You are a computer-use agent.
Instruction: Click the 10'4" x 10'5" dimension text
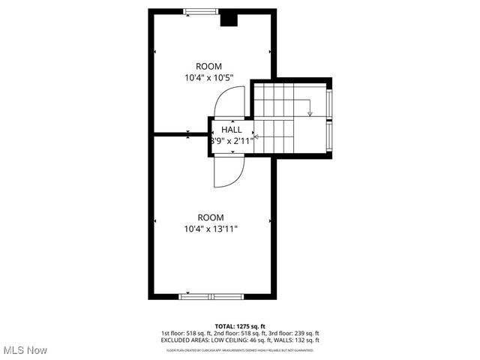click(x=208, y=77)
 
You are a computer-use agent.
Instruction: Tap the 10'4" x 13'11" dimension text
click(x=211, y=229)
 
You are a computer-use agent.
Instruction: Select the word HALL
click(x=231, y=130)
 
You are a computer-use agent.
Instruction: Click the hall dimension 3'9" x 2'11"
click(x=231, y=140)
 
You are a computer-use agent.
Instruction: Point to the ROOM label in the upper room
click(x=208, y=66)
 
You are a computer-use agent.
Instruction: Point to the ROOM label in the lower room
click(x=211, y=217)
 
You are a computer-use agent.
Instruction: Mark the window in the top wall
click(x=198, y=10)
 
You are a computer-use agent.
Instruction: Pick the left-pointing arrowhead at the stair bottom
click(x=257, y=137)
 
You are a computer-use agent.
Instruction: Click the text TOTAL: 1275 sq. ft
click(x=240, y=326)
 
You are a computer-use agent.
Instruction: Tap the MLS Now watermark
click(x=25, y=350)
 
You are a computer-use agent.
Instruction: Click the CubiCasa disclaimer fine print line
click(x=240, y=349)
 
